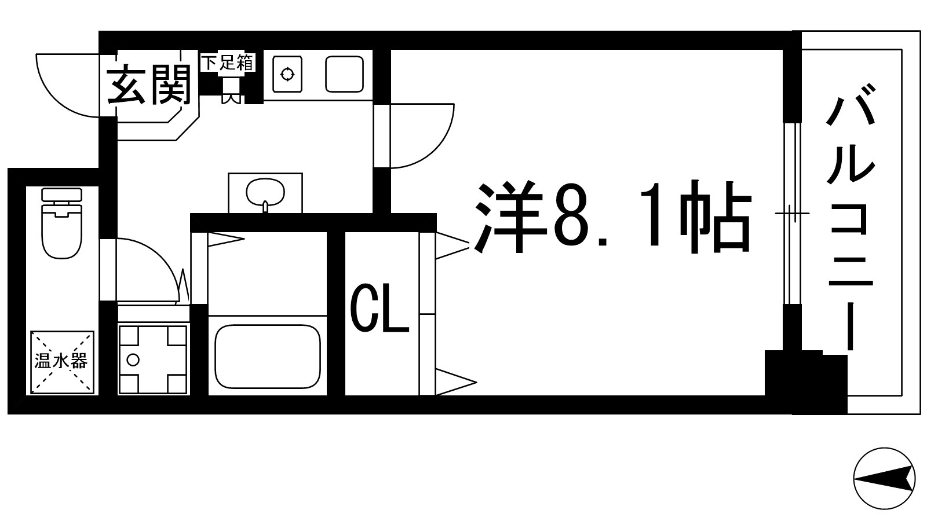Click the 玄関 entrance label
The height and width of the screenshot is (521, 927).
pos(149,85)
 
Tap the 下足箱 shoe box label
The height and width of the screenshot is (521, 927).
pos(228,63)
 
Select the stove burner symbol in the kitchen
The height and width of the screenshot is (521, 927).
pos(287,74)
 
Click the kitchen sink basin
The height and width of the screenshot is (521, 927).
pos(344,74)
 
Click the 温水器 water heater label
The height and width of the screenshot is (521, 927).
pos(61,362)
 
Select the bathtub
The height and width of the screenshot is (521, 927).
pos(267,357)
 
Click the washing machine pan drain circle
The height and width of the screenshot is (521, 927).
pos(133,360)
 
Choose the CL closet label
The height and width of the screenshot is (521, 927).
pos(379,313)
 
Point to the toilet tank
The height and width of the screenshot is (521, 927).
pos(62,196)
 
